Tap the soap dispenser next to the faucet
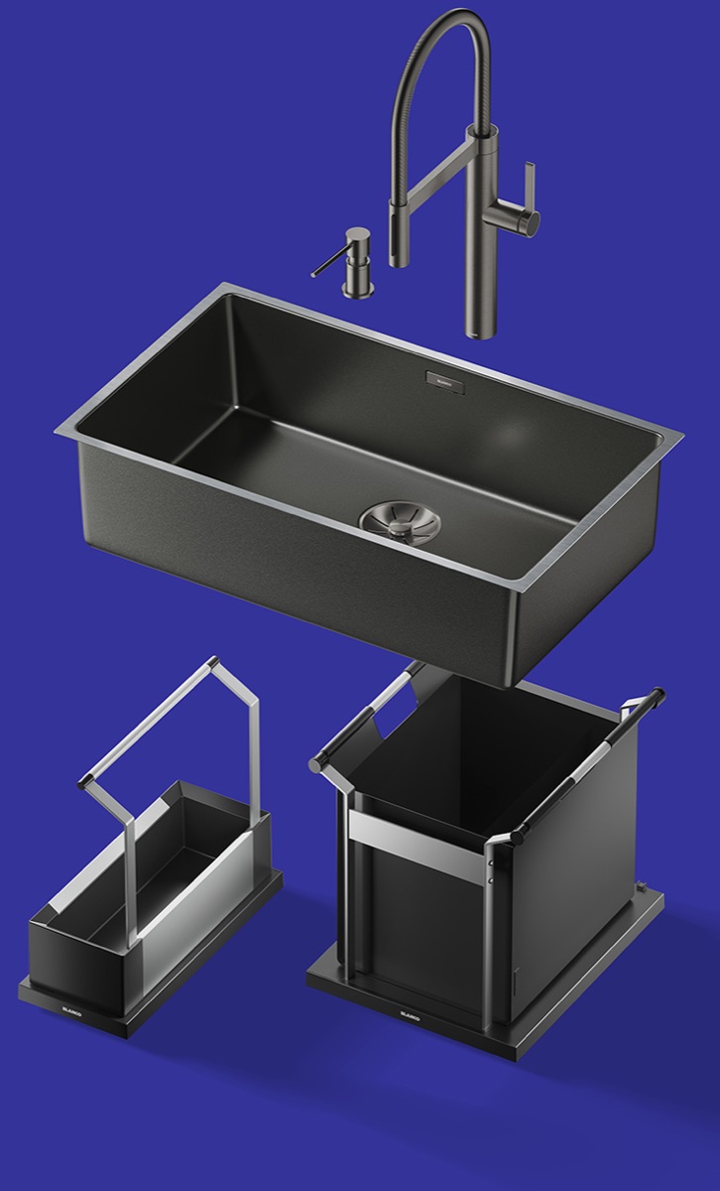tap(356, 260)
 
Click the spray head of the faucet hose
tap(400, 234)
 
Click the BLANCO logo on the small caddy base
tap(71, 1015)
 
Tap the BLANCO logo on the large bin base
tap(411, 1014)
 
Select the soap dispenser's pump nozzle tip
tap(315, 274)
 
